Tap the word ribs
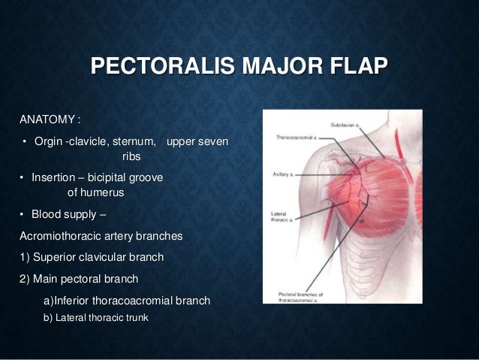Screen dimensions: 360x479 click(130, 158)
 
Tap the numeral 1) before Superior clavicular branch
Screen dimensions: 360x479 click(25, 258)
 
